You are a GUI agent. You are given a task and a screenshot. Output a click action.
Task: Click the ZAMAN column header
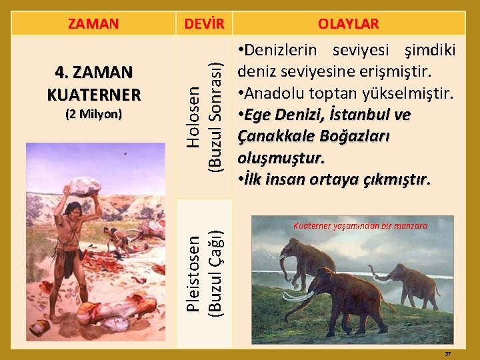point(93,24)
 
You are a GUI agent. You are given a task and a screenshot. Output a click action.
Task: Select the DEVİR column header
point(203,24)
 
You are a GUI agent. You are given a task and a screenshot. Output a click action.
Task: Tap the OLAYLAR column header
point(348,24)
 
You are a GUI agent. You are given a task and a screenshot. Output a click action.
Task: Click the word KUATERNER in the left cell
point(93,94)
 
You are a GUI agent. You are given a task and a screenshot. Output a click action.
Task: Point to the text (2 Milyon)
point(93,114)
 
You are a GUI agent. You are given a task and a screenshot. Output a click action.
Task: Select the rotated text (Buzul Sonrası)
point(215,117)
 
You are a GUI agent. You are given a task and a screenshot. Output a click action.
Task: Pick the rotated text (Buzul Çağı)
point(215,273)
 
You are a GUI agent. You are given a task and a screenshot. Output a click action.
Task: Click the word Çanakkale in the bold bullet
point(273,136)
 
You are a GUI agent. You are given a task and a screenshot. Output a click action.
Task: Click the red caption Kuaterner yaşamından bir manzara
point(360,226)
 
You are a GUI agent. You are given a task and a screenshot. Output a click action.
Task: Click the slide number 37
point(448,353)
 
